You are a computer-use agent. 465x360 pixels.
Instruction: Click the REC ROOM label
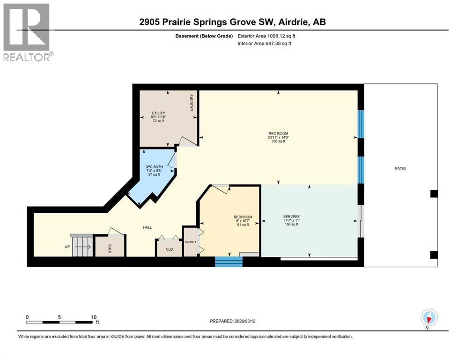[276, 134]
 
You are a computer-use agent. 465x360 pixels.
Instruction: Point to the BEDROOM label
[243, 217]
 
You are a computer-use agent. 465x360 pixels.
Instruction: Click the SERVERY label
[291, 217]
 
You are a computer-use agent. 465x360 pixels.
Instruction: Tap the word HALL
[148, 227]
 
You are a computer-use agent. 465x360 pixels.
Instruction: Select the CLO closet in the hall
[170, 249]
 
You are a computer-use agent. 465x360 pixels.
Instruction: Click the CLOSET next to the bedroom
[190, 242]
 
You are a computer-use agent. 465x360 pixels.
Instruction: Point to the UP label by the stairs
[67, 247]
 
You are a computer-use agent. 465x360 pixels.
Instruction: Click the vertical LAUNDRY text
[192, 103]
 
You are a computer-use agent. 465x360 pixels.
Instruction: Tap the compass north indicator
[429, 317]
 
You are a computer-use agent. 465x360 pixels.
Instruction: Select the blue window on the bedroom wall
[229, 262]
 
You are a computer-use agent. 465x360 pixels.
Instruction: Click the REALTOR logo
[27, 32]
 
